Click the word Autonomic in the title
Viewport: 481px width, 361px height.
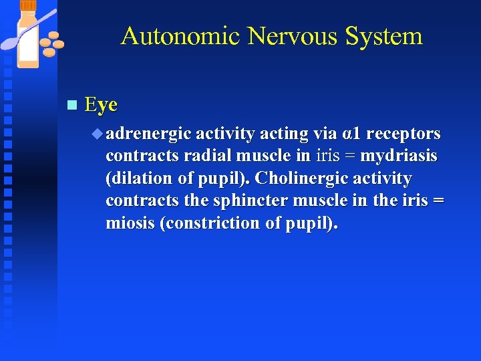(x=180, y=36)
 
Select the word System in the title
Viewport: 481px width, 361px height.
(x=383, y=36)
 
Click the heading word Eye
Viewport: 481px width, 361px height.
(x=102, y=105)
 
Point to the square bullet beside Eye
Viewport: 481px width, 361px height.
(x=73, y=106)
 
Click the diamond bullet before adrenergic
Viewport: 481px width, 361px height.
(x=99, y=134)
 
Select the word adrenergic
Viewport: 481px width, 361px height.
(x=148, y=134)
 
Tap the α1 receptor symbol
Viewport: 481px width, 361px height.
(x=351, y=134)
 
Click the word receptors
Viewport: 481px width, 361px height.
(x=404, y=134)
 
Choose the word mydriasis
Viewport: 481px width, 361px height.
(x=399, y=156)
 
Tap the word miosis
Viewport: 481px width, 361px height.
(x=130, y=223)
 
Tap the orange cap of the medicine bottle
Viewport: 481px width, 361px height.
(x=28, y=5)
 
